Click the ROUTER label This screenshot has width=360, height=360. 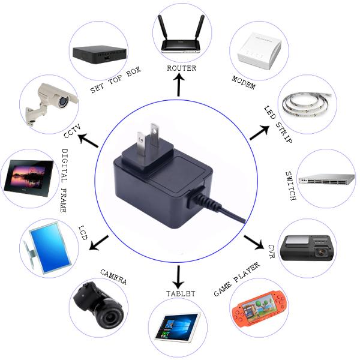point(181,68)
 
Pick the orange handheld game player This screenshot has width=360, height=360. point(257,311)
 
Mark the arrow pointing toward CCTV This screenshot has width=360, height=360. point(89,141)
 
